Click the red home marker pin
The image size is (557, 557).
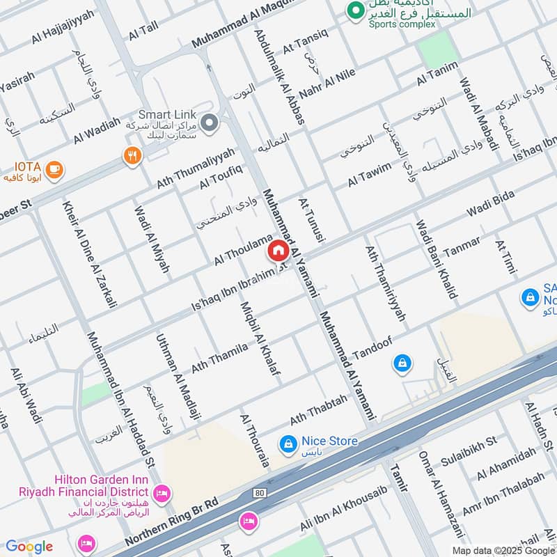pyautogui.click(x=278, y=251)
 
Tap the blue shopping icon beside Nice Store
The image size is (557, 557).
pyautogui.click(x=286, y=442)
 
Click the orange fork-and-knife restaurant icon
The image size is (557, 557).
pyautogui.click(x=132, y=156)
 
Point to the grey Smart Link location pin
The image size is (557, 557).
pyautogui.click(x=208, y=123)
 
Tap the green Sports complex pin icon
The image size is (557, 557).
pyautogui.click(x=356, y=10)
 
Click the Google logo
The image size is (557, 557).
pyautogui.click(x=29, y=547)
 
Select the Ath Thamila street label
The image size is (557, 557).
pyautogui.click(x=219, y=356)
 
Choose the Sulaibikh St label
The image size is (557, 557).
pyautogui.click(x=468, y=451)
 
